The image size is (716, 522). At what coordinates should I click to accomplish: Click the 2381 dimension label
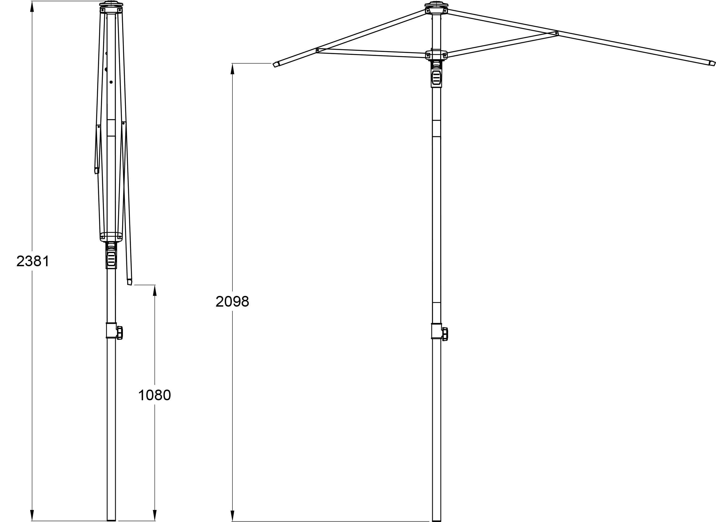pos(33,261)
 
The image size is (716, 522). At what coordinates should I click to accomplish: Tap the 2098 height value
pos(232,302)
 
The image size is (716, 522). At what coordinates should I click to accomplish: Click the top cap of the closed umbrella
pos(111,4)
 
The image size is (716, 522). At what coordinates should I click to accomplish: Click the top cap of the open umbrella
pos(436,4)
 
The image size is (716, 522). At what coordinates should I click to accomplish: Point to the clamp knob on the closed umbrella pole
pos(120,333)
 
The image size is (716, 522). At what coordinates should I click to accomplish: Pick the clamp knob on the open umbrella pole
pos(445,334)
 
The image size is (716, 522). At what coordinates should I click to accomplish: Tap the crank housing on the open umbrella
pos(436,77)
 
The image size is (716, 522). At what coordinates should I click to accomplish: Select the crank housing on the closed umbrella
pos(111,258)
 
